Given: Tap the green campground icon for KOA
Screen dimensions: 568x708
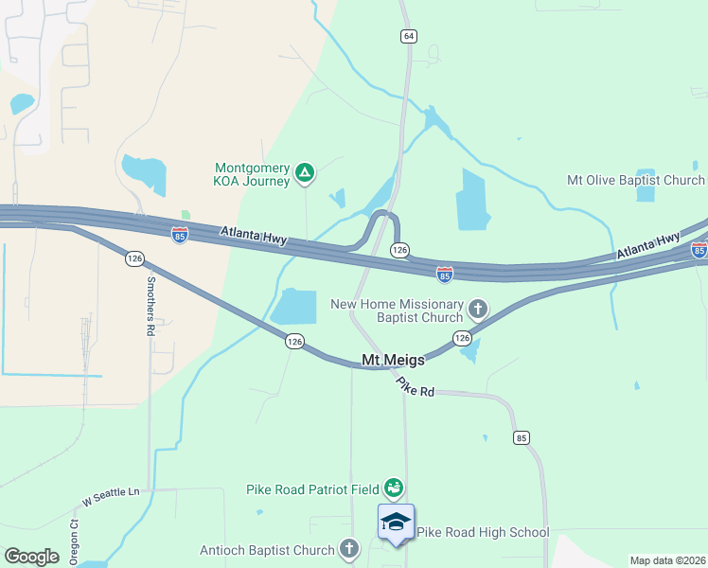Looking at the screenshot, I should [305, 172].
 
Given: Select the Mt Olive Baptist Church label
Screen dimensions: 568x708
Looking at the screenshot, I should [636, 180].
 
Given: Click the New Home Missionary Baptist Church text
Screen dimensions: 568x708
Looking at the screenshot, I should [397, 311].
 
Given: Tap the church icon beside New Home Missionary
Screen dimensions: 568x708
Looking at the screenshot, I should [478, 308].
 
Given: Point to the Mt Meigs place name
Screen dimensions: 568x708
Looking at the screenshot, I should [395, 359].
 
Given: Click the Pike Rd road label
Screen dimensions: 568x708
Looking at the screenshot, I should [415, 386].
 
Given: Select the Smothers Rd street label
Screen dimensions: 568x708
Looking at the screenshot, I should [150, 307].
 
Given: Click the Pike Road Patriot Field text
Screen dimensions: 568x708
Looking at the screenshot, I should [312, 489].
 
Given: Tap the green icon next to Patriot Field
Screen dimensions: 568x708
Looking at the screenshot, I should [394, 488].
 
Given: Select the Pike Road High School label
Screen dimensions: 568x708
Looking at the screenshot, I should [483, 532].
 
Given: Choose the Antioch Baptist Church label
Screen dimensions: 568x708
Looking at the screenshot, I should [268, 550].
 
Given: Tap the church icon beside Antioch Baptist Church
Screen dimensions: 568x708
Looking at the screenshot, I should [349, 548].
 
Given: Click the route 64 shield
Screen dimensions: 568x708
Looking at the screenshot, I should [408, 36].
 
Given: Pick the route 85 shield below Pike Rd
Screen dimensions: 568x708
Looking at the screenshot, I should [521, 437].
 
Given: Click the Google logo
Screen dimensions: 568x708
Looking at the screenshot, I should [32, 557].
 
